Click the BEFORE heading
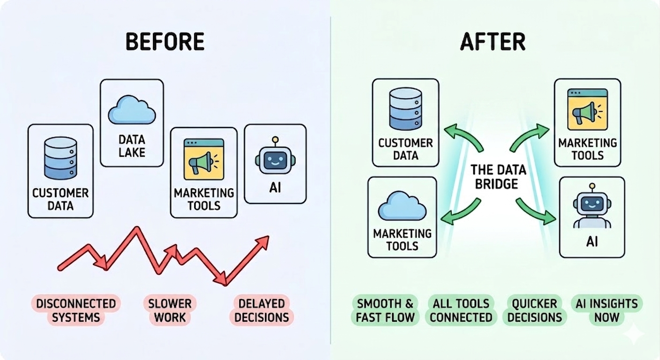point(165,42)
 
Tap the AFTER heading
point(493,42)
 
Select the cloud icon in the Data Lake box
point(132,110)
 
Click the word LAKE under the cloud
point(132,152)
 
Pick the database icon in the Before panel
point(61,158)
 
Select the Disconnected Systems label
point(76,310)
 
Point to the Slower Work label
point(170,310)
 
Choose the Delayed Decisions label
point(261,310)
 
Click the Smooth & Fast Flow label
point(385,310)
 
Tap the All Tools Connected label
point(461,310)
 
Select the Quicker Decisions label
point(534,310)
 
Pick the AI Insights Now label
point(607,310)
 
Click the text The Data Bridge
point(498,177)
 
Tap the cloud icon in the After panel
point(402,206)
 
